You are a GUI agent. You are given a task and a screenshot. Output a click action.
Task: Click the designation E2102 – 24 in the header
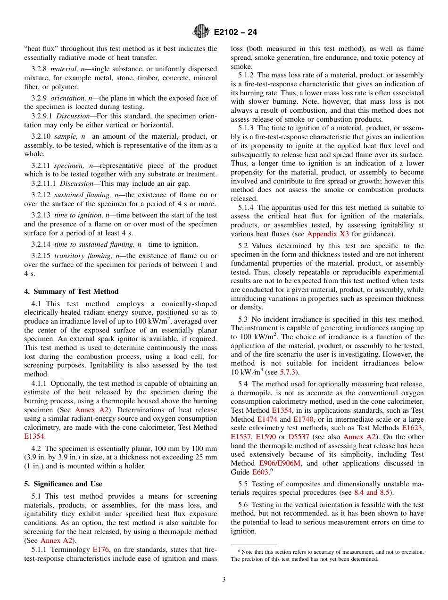(235, 33)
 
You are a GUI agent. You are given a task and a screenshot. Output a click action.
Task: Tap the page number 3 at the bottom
(224, 579)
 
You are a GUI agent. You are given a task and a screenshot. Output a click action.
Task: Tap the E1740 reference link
(303, 419)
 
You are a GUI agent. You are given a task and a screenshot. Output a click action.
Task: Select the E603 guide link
(260, 472)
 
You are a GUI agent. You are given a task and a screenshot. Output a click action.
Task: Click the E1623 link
(413, 428)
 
